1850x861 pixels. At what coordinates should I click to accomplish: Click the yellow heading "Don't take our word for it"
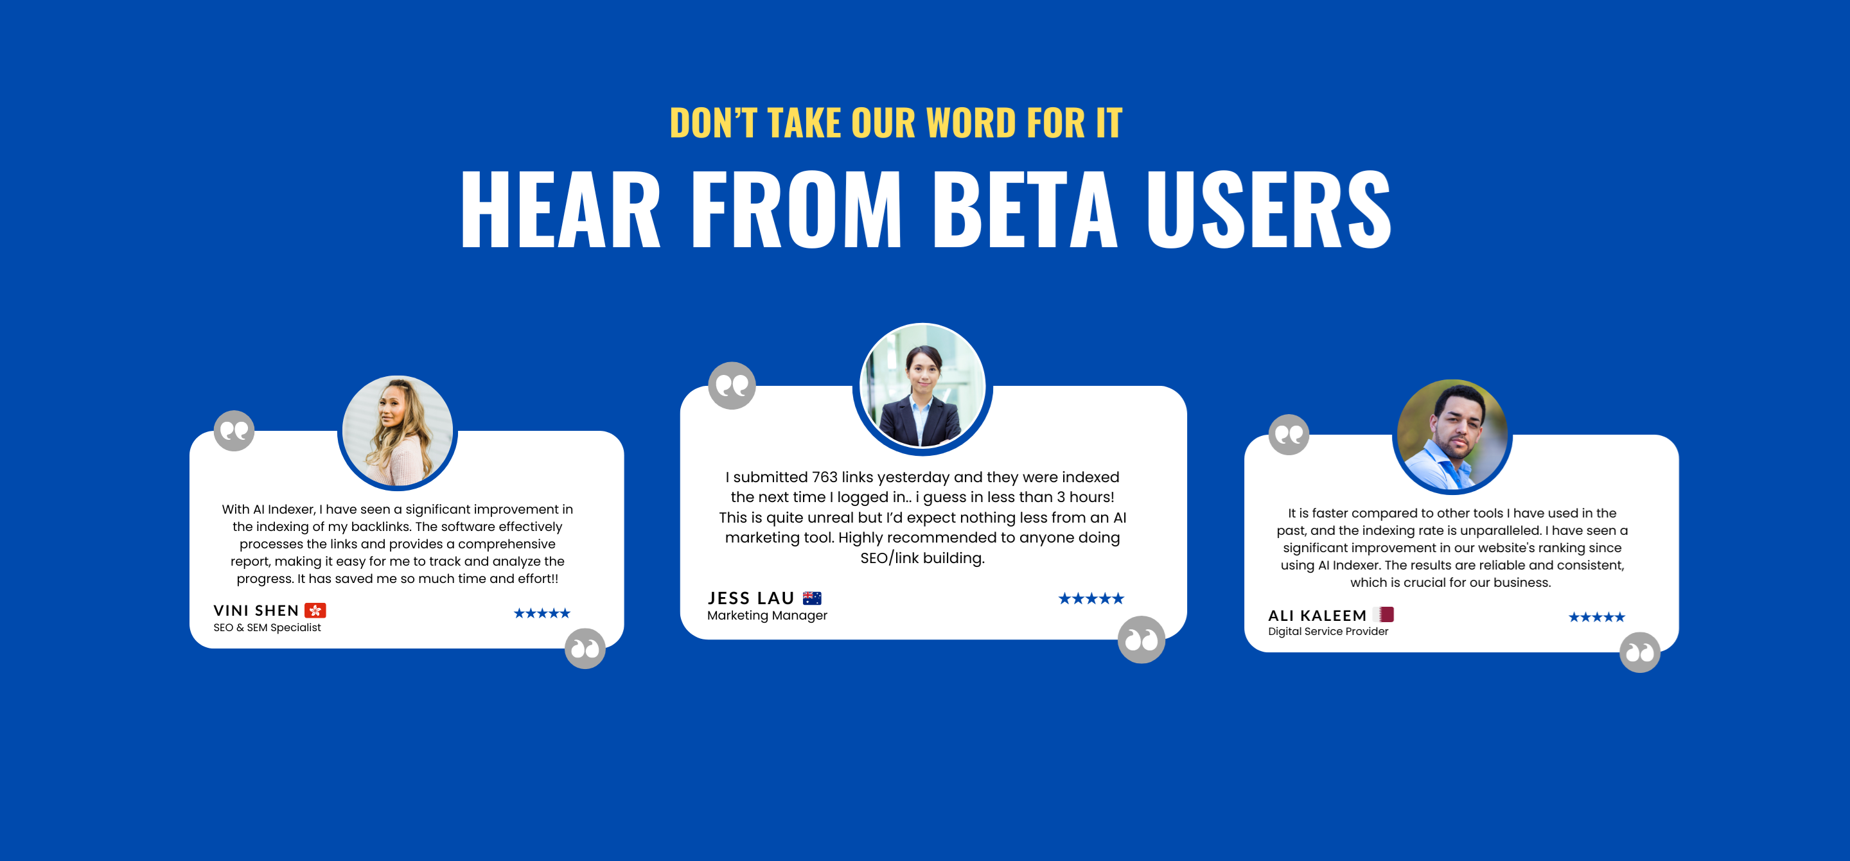coord(895,123)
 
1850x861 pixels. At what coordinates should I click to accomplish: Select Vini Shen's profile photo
coord(397,431)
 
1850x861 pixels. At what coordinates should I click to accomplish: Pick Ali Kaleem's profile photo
coord(1452,435)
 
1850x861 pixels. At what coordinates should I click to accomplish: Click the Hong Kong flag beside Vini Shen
coord(315,611)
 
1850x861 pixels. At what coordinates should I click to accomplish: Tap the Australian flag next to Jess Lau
coord(812,598)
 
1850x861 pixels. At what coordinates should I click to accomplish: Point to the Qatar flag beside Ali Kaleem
coord(1384,614)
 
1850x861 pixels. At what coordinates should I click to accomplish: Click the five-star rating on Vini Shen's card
coord(542,613)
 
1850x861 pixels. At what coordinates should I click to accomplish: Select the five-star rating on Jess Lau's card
coord(1091,598)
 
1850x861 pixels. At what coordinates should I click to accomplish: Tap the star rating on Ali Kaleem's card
coord(1596,617)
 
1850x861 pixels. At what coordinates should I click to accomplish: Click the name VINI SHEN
coord(256,611)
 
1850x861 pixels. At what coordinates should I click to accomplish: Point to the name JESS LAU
coord(750,598)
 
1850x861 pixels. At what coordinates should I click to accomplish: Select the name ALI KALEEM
coord(1317,615)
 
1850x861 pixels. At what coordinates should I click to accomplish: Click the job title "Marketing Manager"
coord(767,615)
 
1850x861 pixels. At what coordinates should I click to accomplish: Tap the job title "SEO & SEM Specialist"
coord(267,628)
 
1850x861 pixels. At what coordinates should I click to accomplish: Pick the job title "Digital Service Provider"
coord(1328,631)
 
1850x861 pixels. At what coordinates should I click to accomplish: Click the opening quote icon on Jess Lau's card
coord(732,386)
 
